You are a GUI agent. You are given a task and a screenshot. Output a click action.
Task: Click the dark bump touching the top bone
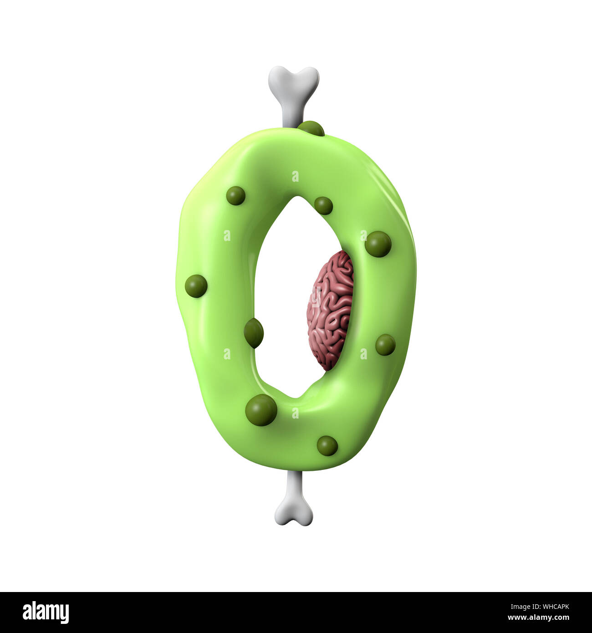(x=311, y=129)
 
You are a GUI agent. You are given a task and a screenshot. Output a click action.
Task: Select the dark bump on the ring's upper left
(x=235, y=195)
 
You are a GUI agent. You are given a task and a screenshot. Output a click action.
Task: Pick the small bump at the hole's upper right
(x=323, y=205)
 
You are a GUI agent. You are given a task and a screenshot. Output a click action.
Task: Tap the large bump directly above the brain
(x=378, y=244)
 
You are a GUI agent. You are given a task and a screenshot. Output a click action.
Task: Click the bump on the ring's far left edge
(x=196, y=286)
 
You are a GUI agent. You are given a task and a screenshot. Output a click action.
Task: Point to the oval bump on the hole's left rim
(x=254, y=333)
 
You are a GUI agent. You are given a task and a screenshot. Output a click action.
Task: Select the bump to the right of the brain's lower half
(x=385, y=345)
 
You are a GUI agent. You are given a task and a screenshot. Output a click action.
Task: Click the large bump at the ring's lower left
(x=261, y=410)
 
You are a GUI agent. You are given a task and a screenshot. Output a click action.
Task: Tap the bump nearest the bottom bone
(x=327, y=445)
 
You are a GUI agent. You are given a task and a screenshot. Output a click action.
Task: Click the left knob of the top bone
(x=278, y=76)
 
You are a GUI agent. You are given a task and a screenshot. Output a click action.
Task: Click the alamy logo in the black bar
(x=46, y=613)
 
